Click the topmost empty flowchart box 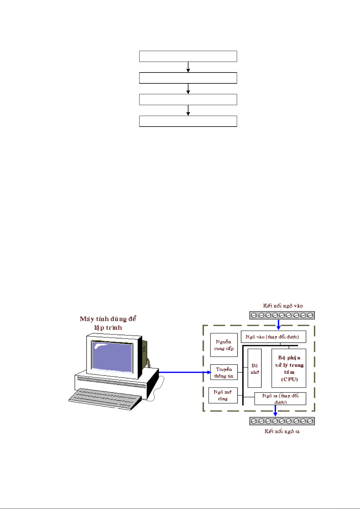[x=188, y=56]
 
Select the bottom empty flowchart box [x=188, y=121]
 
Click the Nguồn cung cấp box [x=224, y=345]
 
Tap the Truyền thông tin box [x=224, y=372]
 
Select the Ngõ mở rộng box [x=223, y=395]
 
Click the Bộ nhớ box [x=255, y=369]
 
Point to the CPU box [x=289, y=368]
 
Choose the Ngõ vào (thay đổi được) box [x=273, y=337]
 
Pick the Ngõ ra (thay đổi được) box [x=280, y=398]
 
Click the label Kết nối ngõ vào [x=283, y=306]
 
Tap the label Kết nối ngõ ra [x=282, y=431]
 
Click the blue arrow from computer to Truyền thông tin [x=184, y=372]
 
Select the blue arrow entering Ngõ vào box [x=278, y=325]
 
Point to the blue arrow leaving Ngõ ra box [x=275, y=410]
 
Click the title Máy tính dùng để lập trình [x=108, y=323]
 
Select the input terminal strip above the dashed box [x=282, y=315]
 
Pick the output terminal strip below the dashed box [x=282, y=421]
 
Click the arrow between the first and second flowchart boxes [x=188, y=67]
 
